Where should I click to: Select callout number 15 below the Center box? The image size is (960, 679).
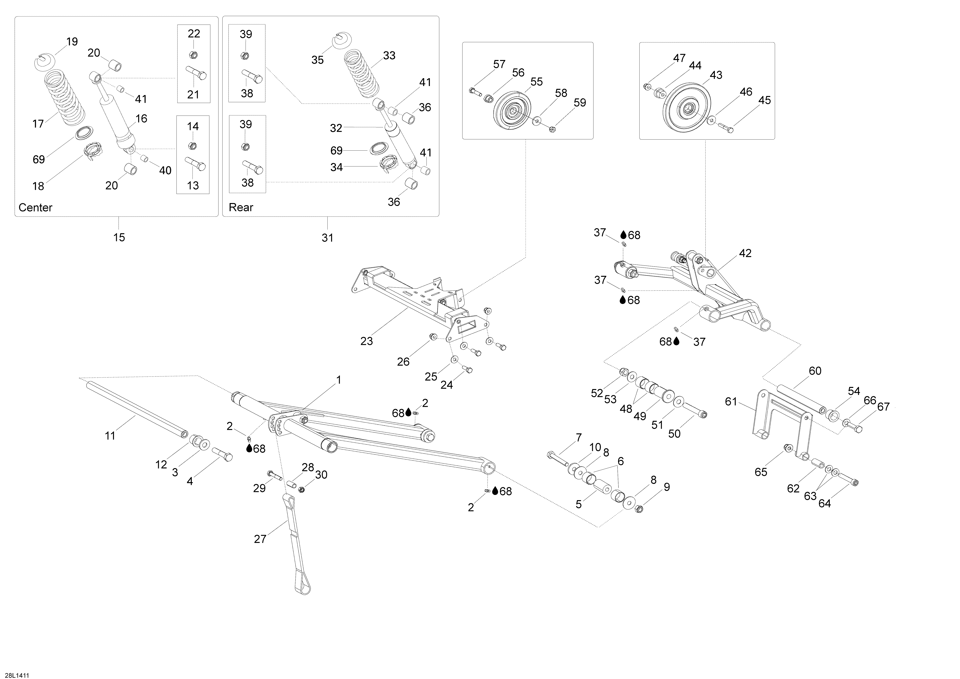coord(119,237)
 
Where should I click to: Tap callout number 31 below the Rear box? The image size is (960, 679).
coord(327,238)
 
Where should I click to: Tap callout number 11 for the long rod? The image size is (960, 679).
coord(110,436)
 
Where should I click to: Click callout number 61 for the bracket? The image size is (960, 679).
coord(731,402)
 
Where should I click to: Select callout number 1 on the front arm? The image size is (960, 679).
coord(339,380)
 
